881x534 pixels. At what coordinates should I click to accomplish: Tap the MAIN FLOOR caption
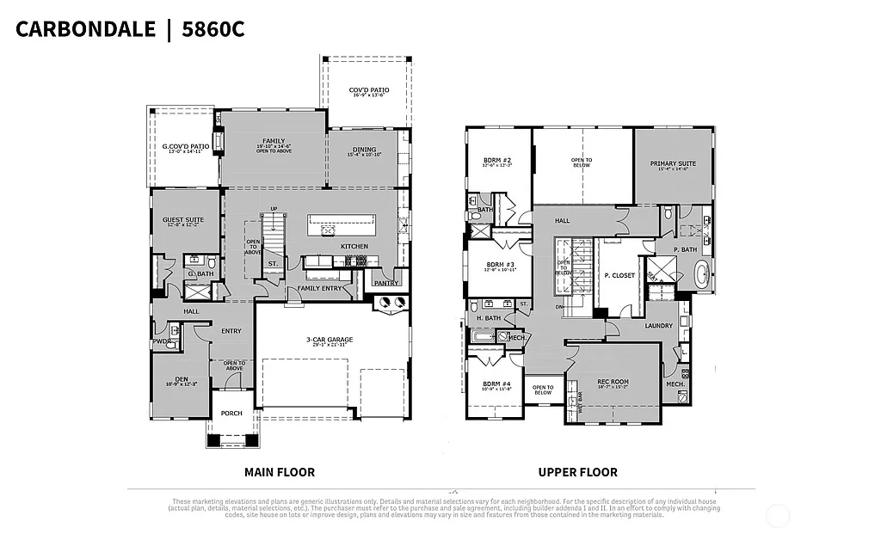pyautogui.click(x=280, y=472)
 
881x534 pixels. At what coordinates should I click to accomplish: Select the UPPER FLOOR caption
pyautogui.click(x=577, y=472)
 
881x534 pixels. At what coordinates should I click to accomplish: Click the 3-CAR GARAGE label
pyautogui.click(x=330, y=340)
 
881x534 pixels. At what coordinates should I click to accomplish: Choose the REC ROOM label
pyautogui.click(x=613, y=382)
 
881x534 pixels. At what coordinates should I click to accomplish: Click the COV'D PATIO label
pyautogui.click(x=368, y=89)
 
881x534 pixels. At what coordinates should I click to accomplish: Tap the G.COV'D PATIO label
pyautogui.click(x=186, y=146)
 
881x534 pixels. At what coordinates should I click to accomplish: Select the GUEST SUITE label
pyautogui.click(x=183, y=220)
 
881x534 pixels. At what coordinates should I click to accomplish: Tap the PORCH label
pyautogui.click(x=231, y=414)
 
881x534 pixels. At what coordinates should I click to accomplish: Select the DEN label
pyautogui.click(x=180, y=379)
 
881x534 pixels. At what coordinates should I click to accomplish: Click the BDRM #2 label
pyautogui.click(x=498, y=161)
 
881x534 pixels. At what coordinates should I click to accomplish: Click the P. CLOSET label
pyautogui.click(x=619, y=275)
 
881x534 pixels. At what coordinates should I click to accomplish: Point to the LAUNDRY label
pyautogui.click(x=657, y=326)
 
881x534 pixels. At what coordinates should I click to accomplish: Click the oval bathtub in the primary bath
pyautogui.click(x=702, y=276)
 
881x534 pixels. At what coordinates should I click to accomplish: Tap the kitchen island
pyautogui.click(x=342, y=225)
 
